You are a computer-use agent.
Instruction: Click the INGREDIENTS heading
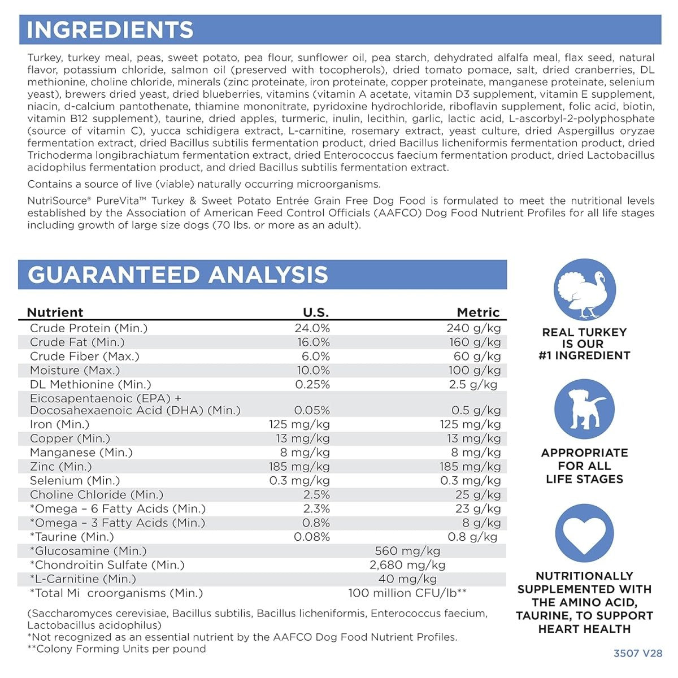coord(110,30)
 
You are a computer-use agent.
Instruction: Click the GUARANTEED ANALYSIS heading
coord(177,275)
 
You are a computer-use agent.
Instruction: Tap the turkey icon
coord(584,289)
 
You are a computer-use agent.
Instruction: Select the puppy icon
coord(584,409)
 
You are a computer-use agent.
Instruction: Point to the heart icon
coord(584,534)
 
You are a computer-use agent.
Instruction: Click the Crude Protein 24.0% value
coord(312,328)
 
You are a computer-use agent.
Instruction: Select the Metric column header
coord(478,312)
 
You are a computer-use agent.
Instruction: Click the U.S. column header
coord(316,312)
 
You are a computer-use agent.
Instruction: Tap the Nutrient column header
coord(55,312)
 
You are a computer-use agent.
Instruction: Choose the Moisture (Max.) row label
coord(75,371)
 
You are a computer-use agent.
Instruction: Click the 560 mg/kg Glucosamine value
coord(407,551)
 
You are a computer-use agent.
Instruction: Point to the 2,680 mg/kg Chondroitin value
coord(407,565)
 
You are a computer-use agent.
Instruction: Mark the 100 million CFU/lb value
coord(407,593)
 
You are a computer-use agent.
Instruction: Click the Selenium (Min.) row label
coord(75,481)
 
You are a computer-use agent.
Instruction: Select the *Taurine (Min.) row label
coord(72,537)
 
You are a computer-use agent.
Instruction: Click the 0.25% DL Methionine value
coord(312,385)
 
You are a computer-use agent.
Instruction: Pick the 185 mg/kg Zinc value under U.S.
coord(299,467)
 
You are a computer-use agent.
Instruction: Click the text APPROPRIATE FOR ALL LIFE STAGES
coord(584,466)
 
